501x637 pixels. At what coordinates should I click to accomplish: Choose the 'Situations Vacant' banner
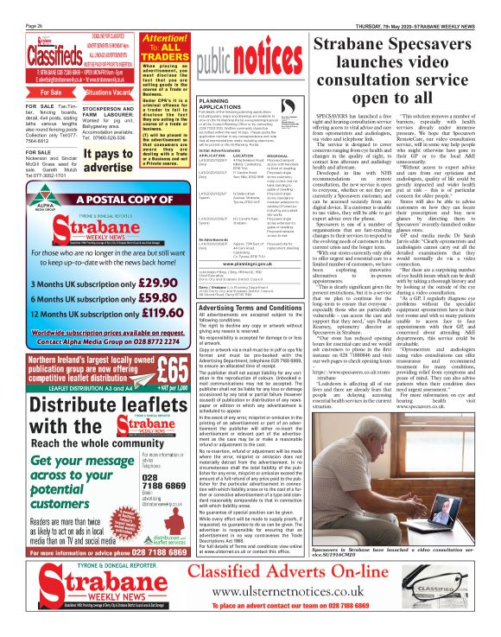(x=108, y=91)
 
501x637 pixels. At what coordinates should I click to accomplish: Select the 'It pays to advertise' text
(x=107, y=158)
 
